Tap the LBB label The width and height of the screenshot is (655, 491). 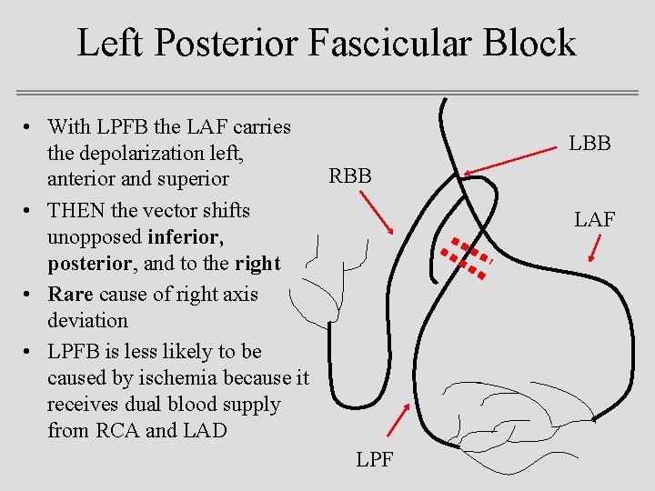click(590, 144)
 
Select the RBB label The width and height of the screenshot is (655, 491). click(350, 176)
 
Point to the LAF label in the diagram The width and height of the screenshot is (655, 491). click(594, 219)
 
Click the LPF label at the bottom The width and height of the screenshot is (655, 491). click(374, 459)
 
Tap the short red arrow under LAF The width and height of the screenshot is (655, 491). click(597, 246)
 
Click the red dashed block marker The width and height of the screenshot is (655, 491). click(464, 256)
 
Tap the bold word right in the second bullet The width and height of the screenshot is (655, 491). click(258, 263)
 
